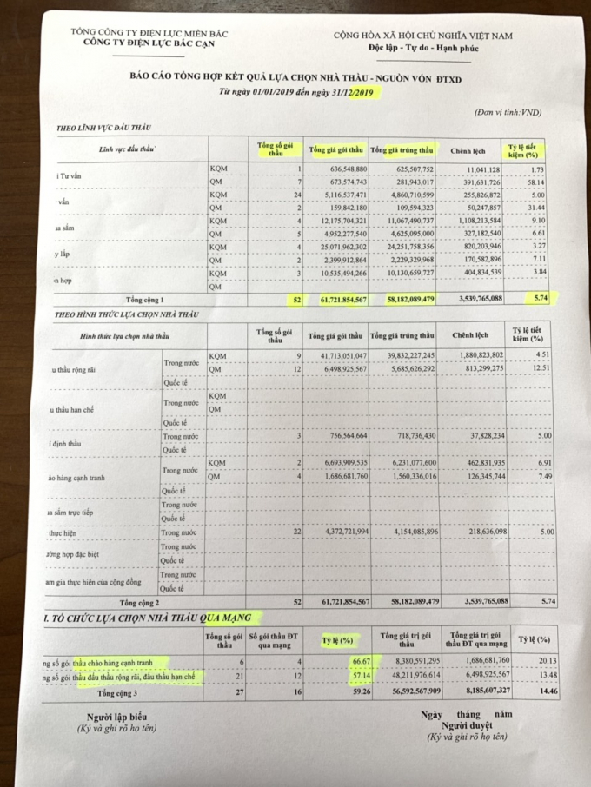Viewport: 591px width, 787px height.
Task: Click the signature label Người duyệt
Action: tap(466, 724)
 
